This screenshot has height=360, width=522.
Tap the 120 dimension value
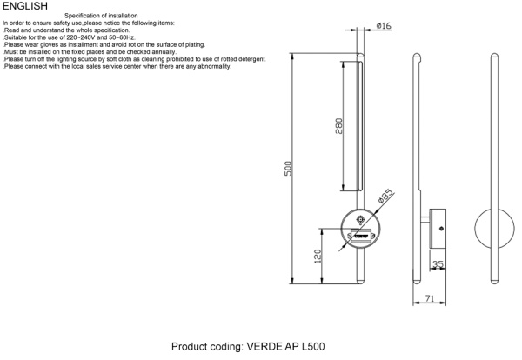click(x=318, y=256)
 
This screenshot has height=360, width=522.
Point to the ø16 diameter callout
click(x=384, y=27)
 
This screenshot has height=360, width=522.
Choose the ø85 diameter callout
click(x=386, y=197)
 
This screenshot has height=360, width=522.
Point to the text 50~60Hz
click(x=124, y=38)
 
